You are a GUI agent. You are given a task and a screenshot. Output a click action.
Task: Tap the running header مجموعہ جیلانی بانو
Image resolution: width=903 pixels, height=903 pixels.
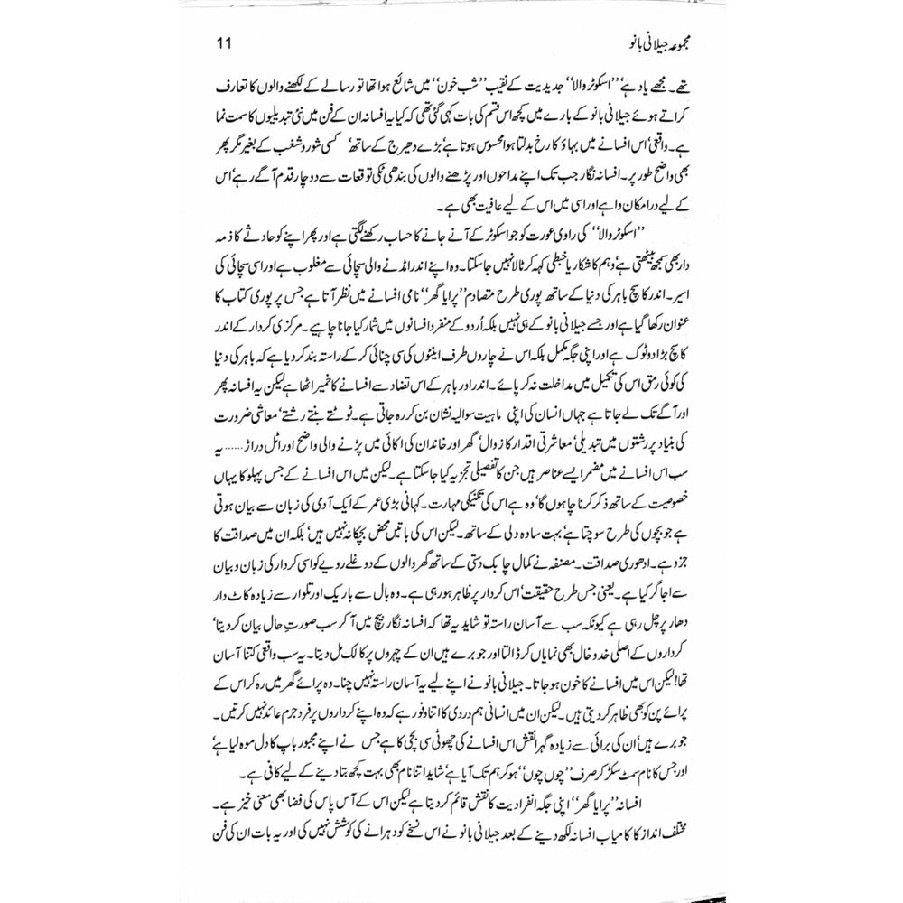tap(636, 42)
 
